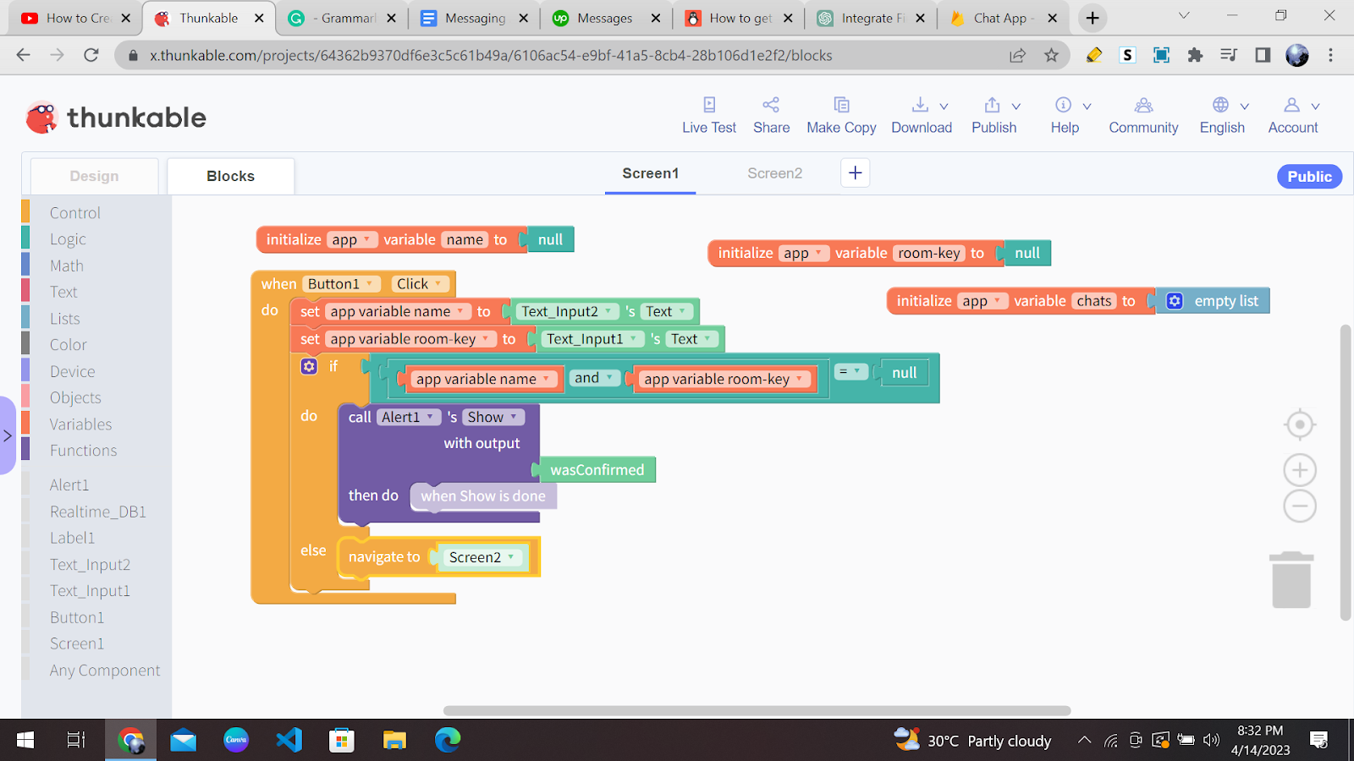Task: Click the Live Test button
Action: click(x=709, y=115)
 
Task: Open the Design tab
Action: click(x=94, y=177)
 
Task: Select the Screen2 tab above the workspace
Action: click(x=774, y=173)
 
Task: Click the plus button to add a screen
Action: click(x=855, y=173)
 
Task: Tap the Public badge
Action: click(x=1309, y=177)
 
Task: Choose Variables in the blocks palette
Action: click(x=80, y=424)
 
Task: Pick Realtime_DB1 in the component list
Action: click(x=98, y=512)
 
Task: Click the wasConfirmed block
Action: click(x=597, y=470)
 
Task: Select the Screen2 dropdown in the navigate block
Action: click(x=482, y=557)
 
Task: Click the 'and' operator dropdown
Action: click(x=593, y=378)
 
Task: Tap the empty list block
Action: click(x=1214, y=301)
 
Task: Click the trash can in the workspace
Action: click(x=1291, y=580)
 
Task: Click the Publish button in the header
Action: click(x=994, y=115)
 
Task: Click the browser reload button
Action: click(x=91, y=56)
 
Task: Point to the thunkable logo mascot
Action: click(x=41, y=118)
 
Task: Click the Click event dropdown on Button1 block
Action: click(x=420, y=284)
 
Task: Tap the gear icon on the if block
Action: click(x=309, y=366)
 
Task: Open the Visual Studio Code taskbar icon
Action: click(x=289, y=740)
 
